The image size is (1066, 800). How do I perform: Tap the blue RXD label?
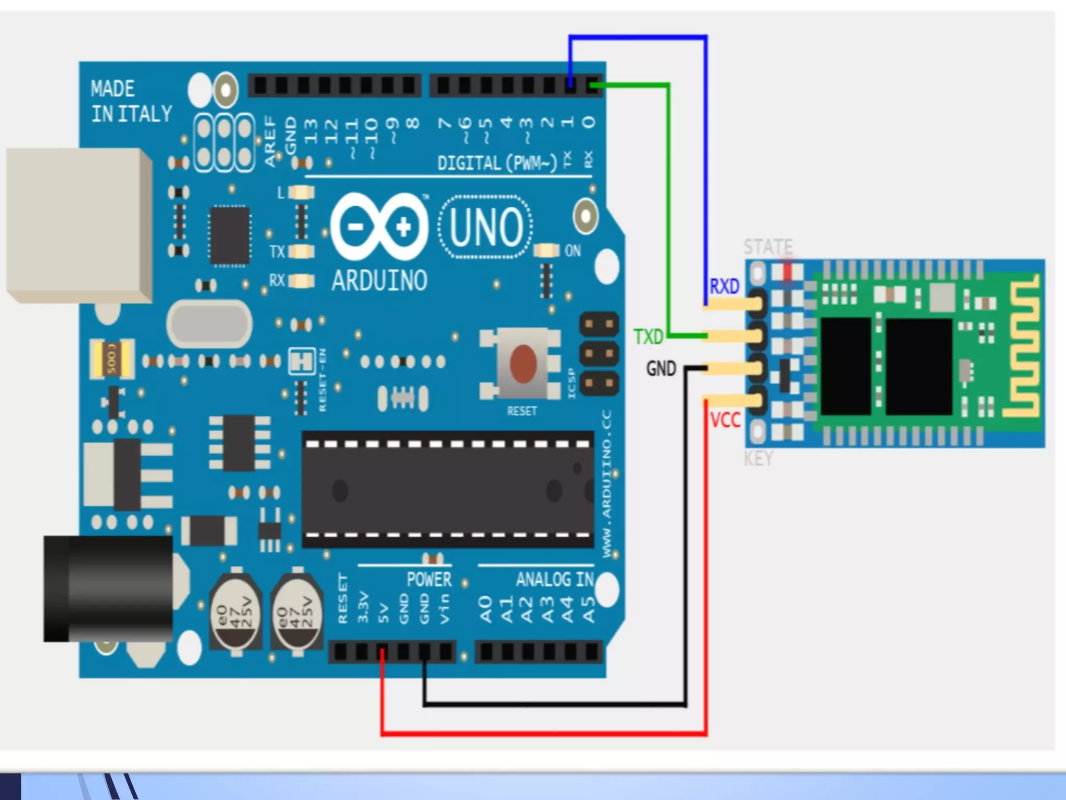(x=724, y=286)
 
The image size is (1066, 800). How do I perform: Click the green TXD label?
(x=649, y=337)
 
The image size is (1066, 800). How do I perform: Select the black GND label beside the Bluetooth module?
(x=661, y=369)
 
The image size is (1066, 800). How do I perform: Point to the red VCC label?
(x=725, y=420)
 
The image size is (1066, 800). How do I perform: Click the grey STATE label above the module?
(x=768, y=246)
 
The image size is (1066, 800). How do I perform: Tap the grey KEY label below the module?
(x=758, y=458)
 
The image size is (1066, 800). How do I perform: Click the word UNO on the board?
(x=486, y=227)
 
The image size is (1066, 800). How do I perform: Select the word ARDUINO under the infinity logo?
(x=379, y=280)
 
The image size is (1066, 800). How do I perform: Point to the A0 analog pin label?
(x=486, y=609)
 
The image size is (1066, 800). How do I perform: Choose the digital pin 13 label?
(x=311, y=131)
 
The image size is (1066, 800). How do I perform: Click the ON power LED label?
(x=573, y=251)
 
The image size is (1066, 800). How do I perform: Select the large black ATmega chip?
(x=448, y=490)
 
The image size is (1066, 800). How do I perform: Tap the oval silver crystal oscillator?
(x=210, y=324)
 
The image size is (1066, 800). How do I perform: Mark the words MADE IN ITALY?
(x=131, y=102)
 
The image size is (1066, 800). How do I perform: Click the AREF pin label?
(x=270, y=141)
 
